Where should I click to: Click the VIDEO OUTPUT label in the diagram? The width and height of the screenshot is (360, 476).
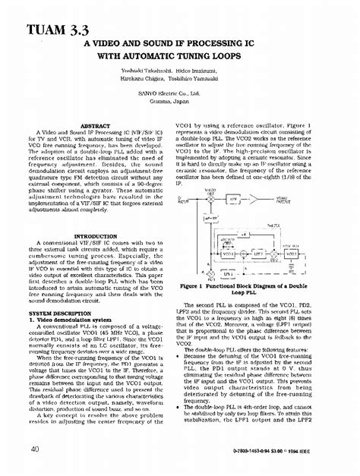click(286, 200)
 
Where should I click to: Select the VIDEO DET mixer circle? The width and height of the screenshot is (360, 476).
click(210, 200)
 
